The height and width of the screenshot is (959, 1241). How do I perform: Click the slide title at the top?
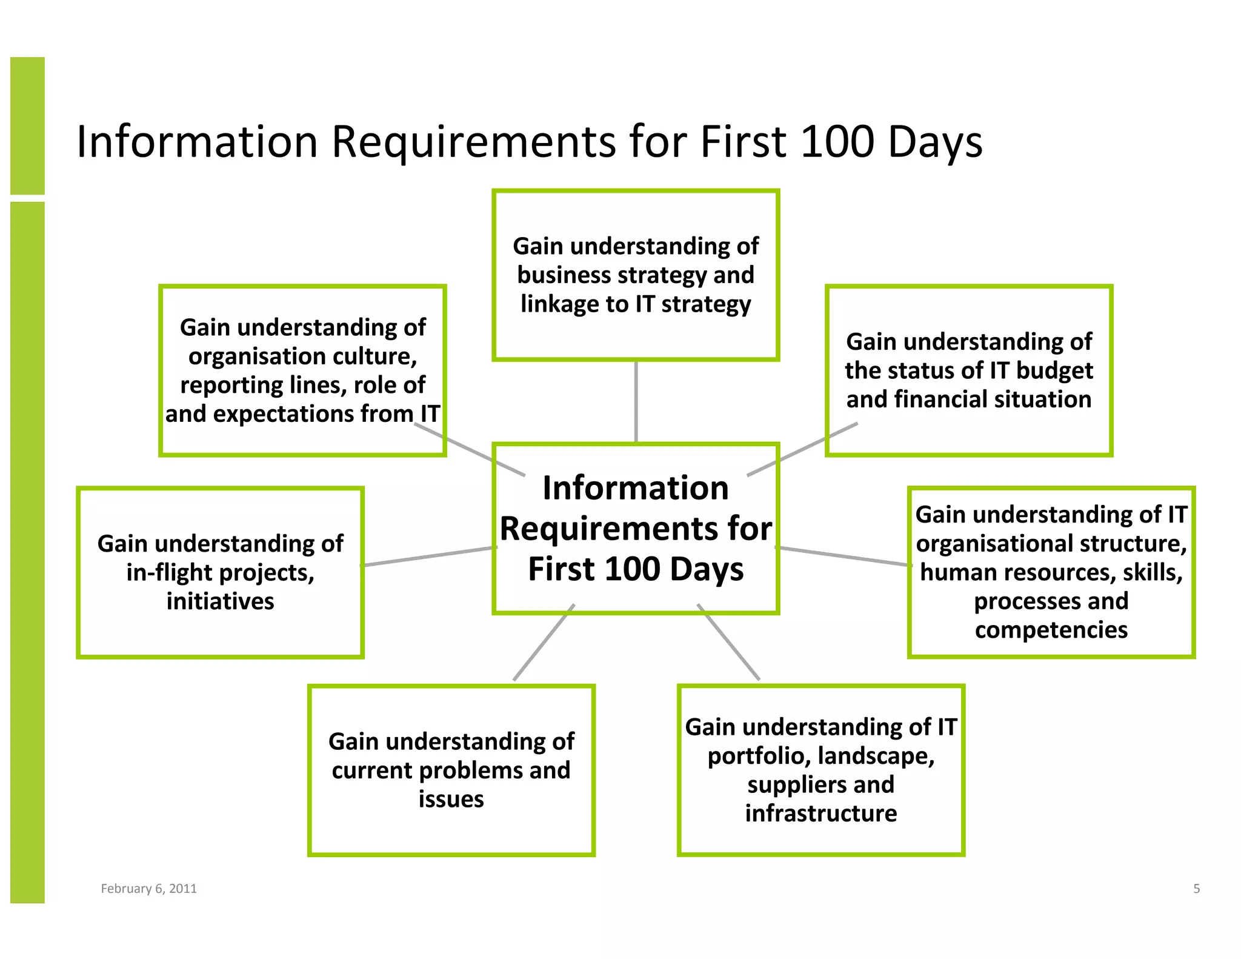pos(529,142)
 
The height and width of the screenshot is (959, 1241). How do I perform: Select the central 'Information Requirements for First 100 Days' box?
pos(636,528)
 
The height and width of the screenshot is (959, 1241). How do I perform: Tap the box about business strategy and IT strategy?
pos(636,275)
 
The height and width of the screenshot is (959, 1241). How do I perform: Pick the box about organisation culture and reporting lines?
pos(302,370)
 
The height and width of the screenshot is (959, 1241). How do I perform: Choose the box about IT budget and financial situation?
pos(969,370)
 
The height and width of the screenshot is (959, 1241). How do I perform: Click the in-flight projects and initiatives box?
pos(220,572)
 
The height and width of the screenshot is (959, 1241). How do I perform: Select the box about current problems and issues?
pos(451,770)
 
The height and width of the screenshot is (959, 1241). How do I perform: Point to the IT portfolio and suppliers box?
pos(820,770)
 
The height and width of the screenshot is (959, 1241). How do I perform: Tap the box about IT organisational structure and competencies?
pos(1051,572)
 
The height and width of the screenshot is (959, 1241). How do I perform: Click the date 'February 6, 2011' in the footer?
pos(148,889)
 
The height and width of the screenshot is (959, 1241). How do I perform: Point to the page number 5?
pos(1196,889)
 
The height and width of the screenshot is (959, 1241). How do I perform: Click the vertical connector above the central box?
pos(636,401)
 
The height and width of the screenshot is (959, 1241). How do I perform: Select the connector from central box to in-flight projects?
pos(429,556)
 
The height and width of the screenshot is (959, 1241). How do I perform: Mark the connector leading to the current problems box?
pos(544,643)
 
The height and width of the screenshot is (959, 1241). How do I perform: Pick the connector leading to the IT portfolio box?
pos(728,643)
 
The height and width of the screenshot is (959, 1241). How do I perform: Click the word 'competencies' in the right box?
pos(1051,630)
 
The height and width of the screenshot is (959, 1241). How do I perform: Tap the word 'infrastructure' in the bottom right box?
pos(820,814)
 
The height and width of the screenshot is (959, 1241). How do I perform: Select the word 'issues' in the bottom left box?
pos(451,799)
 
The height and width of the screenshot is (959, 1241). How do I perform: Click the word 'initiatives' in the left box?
pos(220,601)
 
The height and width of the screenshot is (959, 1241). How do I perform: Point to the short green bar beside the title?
pos(27,125)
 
